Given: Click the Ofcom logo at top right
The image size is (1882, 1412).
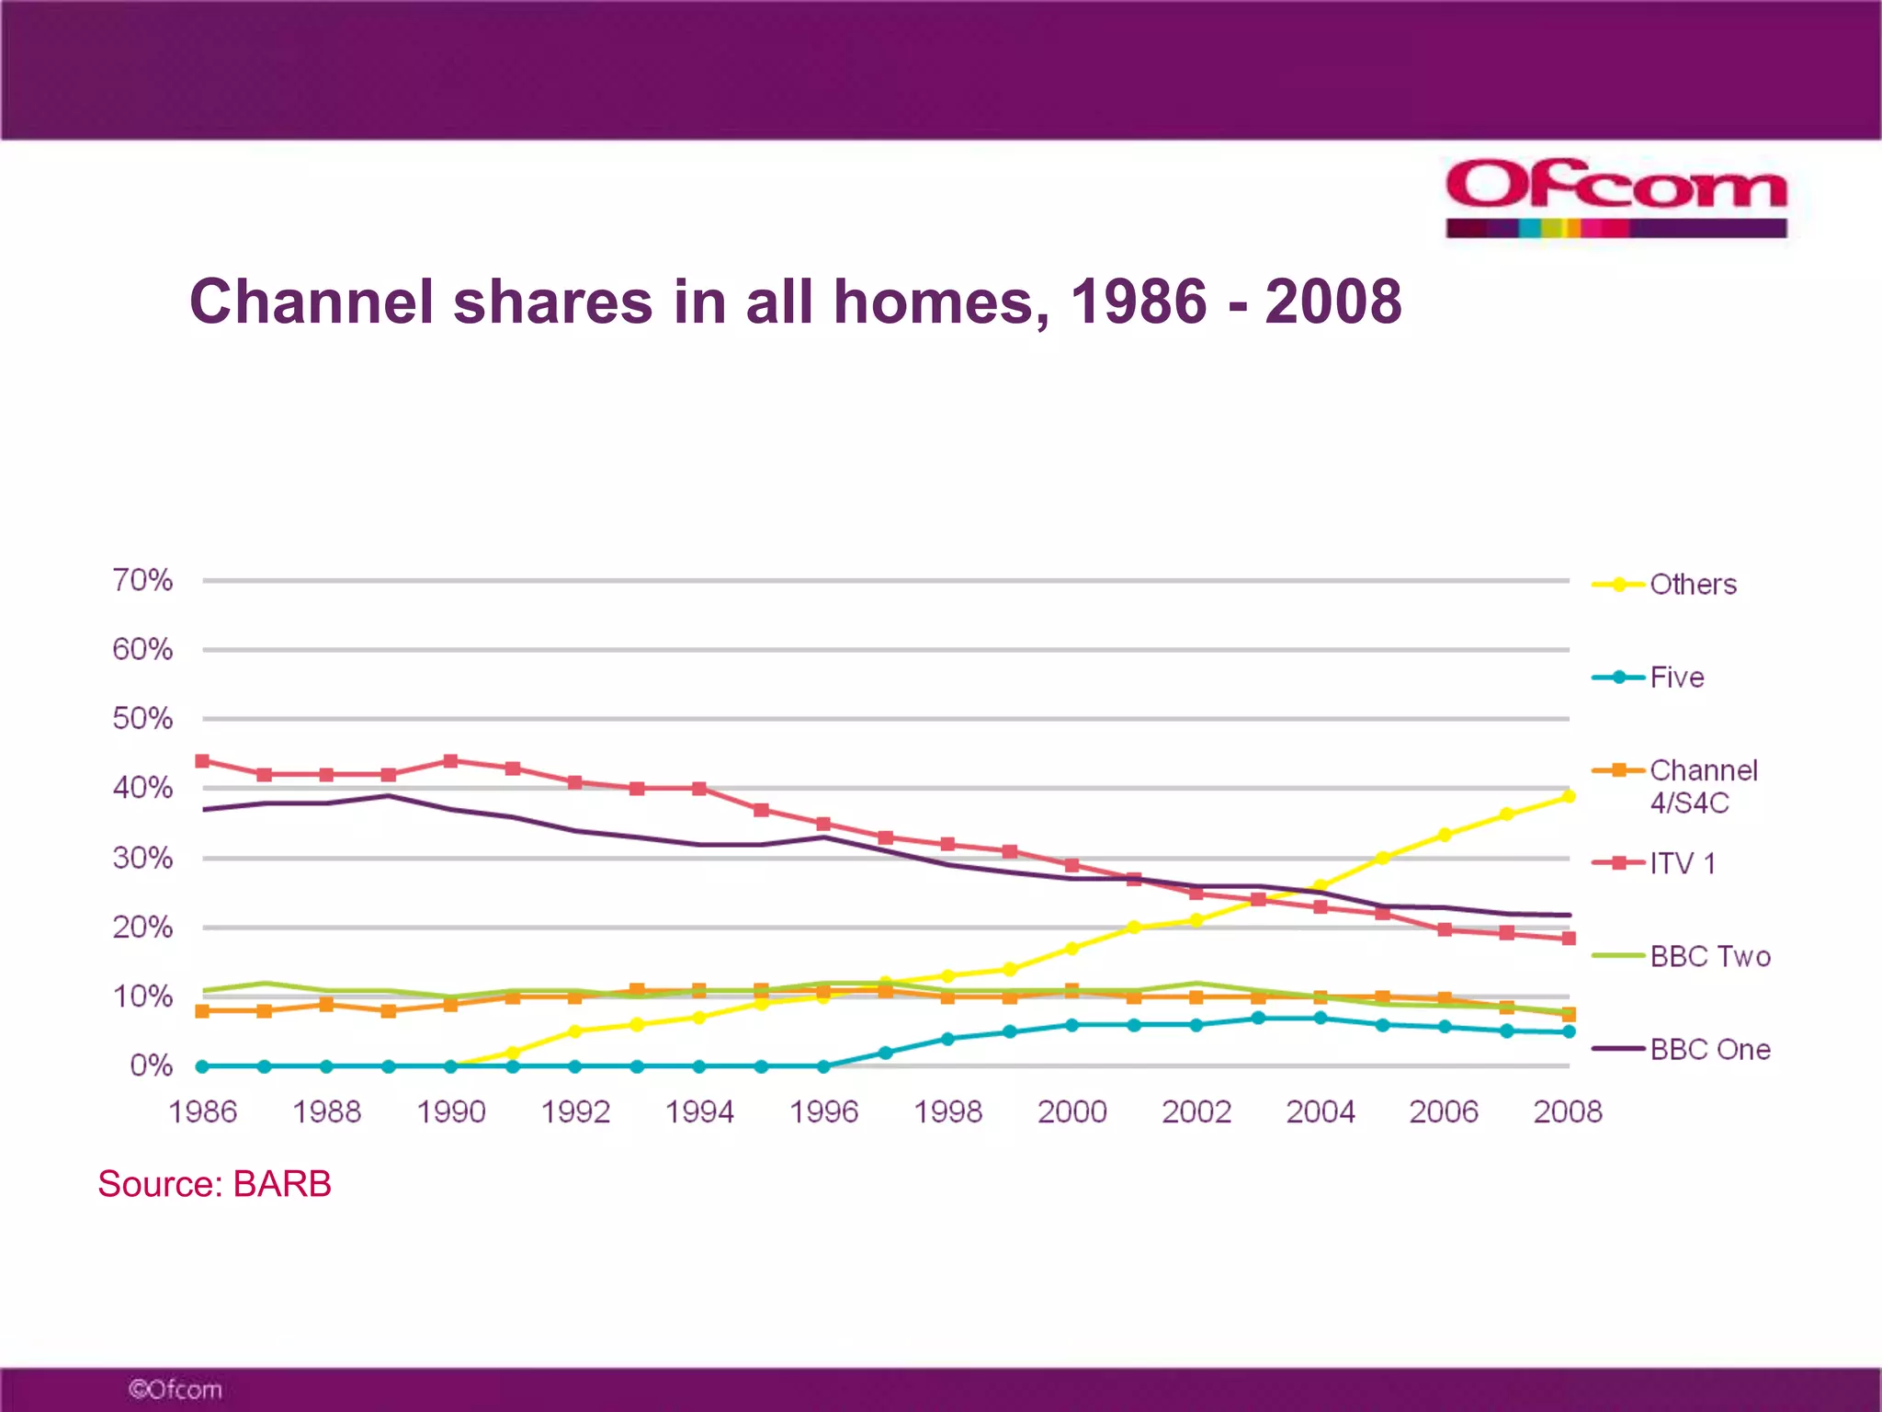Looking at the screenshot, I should pyautogui.click(x=1616, y=197).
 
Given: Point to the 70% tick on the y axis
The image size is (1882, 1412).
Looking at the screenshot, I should pyautogui.click(x=142, y=580).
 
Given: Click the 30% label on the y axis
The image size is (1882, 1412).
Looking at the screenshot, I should pyautogui.click(x=142, y=858).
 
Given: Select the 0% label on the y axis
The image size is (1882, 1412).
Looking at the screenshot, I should pyautogui.click(x=151, y=1065).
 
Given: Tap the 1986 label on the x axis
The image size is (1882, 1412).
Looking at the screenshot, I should pyautogui.click(x=202, y=1111).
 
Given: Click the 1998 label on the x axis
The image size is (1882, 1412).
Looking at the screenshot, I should pyautogui.click(x=947, y=1111).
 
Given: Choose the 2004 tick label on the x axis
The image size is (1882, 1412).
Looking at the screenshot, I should pyautogui.click(x=1320, y=1111).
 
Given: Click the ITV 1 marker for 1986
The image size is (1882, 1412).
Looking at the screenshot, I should pyautogui.click(x=202, y=761).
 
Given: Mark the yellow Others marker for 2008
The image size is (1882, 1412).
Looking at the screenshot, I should pyautogui.click(x=1569, y=796).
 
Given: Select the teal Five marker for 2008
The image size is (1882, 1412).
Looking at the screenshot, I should pyautogui.click(x=1569, y=1031).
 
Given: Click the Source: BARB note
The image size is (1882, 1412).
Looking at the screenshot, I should pyautogui.click(x=214, y=1184).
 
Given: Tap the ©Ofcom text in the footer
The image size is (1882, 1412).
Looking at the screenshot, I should pyautogui.click(x=175, y=1389).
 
